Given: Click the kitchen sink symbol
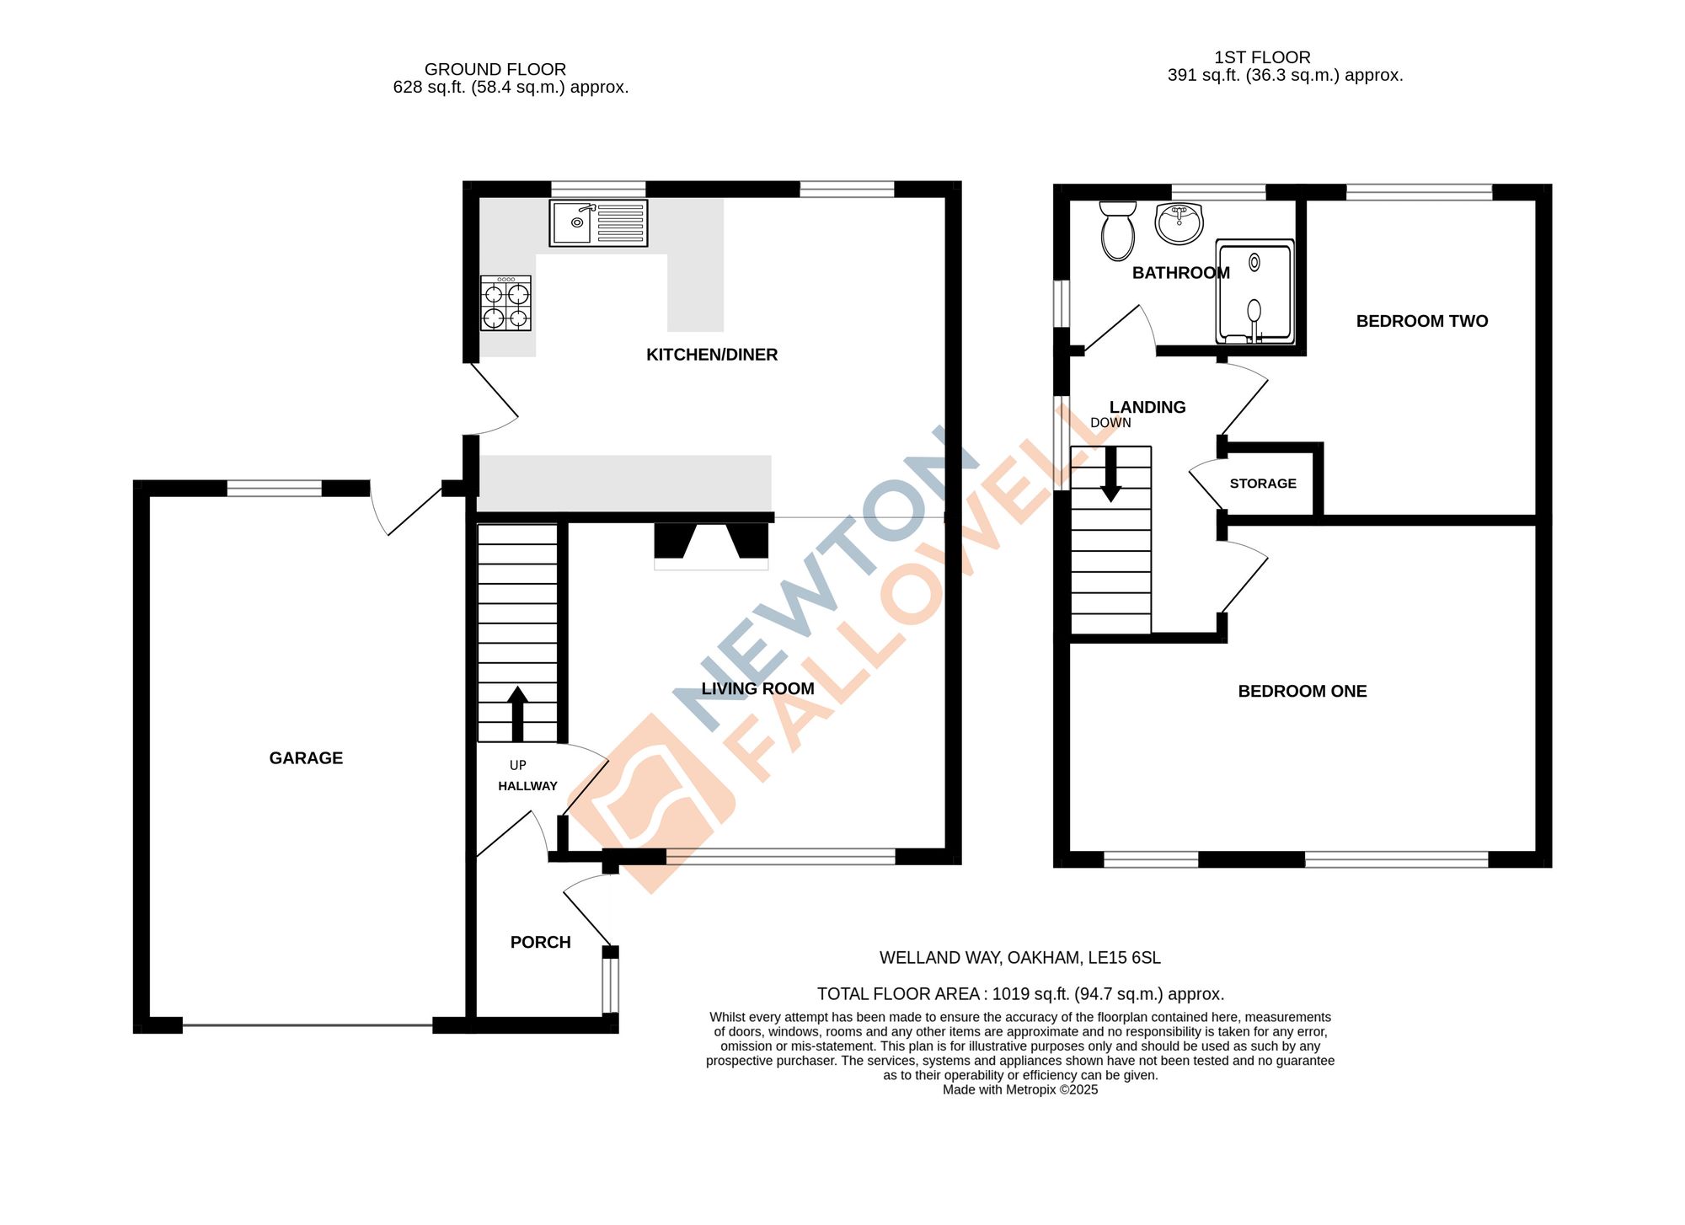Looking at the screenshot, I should point(598,222).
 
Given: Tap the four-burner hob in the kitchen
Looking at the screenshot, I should point(505,303).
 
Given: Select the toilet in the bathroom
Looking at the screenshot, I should point(1118,231).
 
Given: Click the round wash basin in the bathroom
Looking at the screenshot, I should point(1179,223).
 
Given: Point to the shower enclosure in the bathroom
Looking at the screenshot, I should point(1254,292).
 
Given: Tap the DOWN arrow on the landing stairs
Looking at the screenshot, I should point(1110,473).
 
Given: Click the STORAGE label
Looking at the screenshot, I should point(1262,484).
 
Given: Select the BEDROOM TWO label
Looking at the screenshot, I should point(1421,321).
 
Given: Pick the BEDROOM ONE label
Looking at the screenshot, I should point(1302,692).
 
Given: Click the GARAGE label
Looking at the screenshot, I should point(306,758).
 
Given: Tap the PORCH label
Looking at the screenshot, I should point(540,943).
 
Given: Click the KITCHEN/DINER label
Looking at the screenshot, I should point(711,355).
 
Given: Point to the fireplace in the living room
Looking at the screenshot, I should point(711,543).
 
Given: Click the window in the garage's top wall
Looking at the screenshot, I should point(275,488).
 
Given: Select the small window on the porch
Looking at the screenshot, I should point(611,985).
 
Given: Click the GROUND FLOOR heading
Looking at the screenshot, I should point(495,69).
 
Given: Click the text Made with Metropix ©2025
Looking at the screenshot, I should point(1019,1090).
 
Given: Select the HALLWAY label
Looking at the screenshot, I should point(527,786).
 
